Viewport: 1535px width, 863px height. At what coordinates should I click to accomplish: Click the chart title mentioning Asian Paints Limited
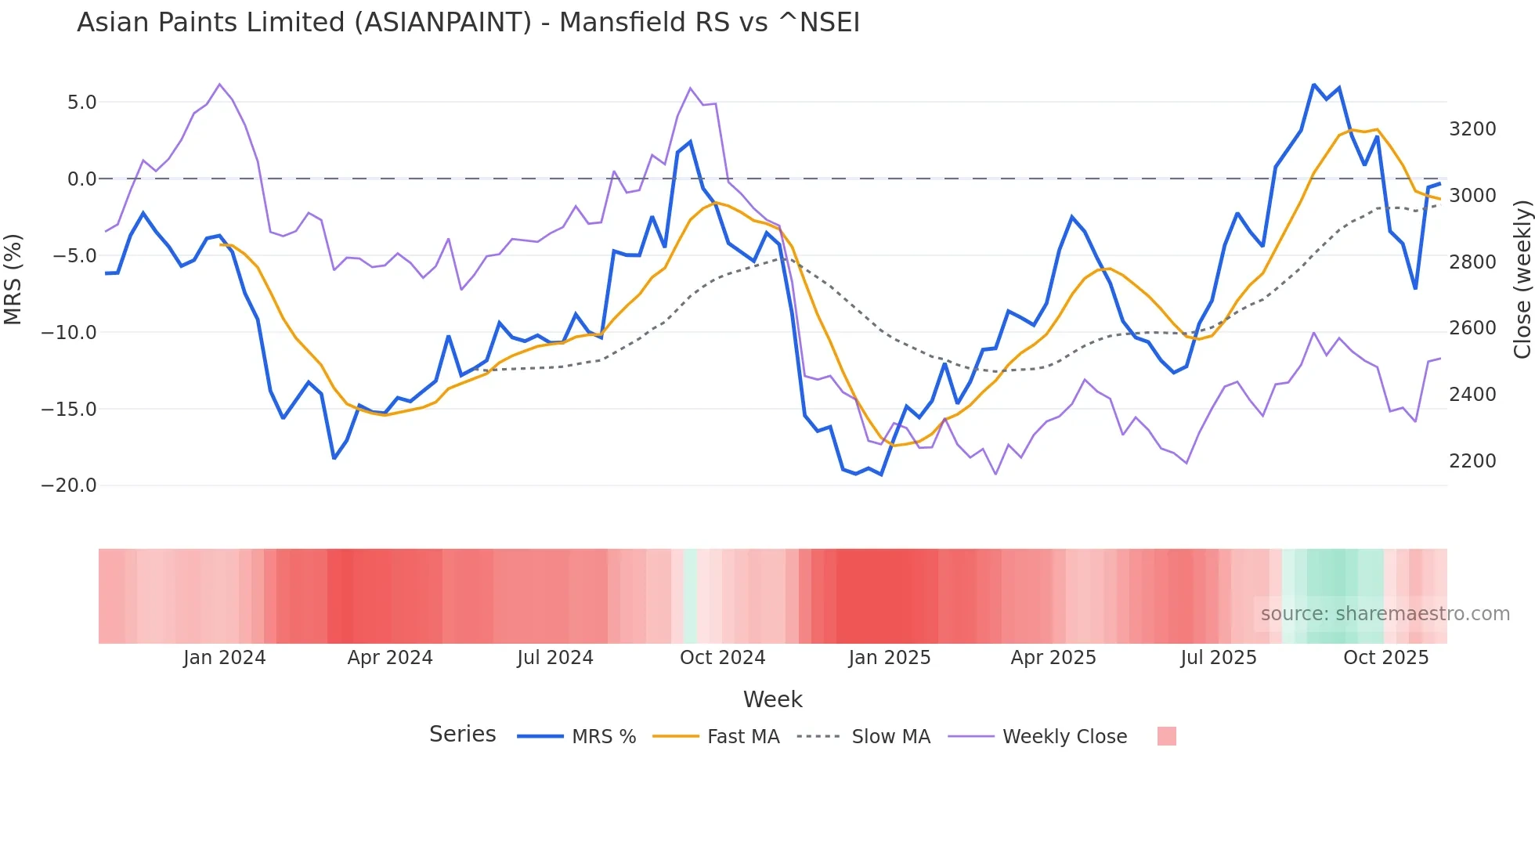(468, 23)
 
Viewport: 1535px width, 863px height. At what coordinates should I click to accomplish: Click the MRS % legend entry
(603, 737)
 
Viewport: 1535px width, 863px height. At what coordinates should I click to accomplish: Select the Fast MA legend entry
(742, 737)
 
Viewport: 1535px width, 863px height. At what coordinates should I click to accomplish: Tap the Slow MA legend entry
(890, 737)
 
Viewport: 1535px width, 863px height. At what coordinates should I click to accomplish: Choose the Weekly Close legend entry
(1064, 737)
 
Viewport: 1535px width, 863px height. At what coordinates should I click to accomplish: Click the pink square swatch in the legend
(1166, 736)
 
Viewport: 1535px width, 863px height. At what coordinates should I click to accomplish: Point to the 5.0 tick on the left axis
(81, 103)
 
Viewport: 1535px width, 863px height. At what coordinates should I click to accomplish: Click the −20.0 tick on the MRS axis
(69, 486)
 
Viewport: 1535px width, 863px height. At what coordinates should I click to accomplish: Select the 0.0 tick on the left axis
(81, 179)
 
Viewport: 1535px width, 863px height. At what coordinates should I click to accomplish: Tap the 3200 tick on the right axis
(1472, 129)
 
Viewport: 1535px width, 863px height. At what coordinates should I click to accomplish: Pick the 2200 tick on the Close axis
(1472, 461)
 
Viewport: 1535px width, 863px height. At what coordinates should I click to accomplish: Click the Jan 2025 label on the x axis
(889, 658)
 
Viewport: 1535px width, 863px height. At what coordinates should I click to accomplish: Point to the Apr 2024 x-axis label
(390, 658)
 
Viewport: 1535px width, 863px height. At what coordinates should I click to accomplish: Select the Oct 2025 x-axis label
(1385, 658)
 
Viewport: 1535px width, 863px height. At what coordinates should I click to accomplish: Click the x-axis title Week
(772, 699)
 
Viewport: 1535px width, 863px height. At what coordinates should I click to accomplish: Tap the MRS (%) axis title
(13, 279)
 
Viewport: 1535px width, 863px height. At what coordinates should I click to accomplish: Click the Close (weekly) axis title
(1522, 280)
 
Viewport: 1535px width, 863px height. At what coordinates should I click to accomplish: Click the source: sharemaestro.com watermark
(1385, 614)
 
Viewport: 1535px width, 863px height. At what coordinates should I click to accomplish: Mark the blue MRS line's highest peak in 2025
(1313, 85)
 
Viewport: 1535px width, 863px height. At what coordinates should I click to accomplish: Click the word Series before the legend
(462, 735)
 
